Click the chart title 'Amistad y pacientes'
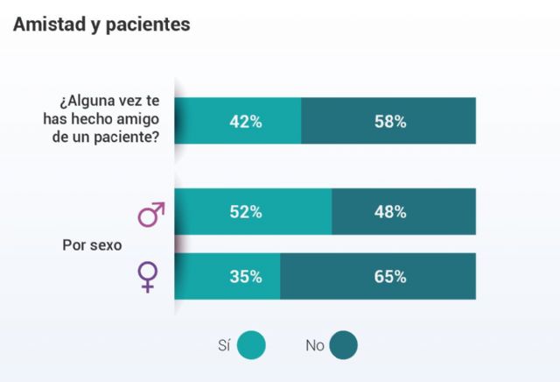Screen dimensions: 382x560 point(101,25)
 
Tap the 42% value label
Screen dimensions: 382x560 point(245,122)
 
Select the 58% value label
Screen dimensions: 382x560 point(389,122)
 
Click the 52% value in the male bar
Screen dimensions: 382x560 point(245,212)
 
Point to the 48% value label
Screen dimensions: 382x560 point(389,212)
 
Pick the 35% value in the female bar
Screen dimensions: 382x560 point(245,277)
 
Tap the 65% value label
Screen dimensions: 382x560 point(389,277)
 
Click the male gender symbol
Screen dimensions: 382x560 point(151,214)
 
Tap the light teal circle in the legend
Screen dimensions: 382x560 point(252,345)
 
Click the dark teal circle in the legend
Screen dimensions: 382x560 point(344,345)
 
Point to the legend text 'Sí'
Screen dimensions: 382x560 point(223,345)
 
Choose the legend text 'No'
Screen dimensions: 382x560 point(314,345)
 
